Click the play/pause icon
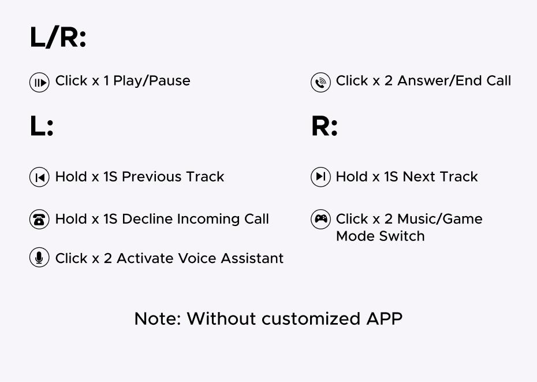(39, 83)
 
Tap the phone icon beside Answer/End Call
(320, 83)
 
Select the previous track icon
(39, 177)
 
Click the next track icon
(320, 177)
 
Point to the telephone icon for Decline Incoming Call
(39, 220)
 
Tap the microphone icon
(39, 258)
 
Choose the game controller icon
(320, 219)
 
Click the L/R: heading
(58, 38)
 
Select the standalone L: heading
(42, 127)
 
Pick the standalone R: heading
(324, 127)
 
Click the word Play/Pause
(152, 81)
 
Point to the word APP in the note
(384, 319)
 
